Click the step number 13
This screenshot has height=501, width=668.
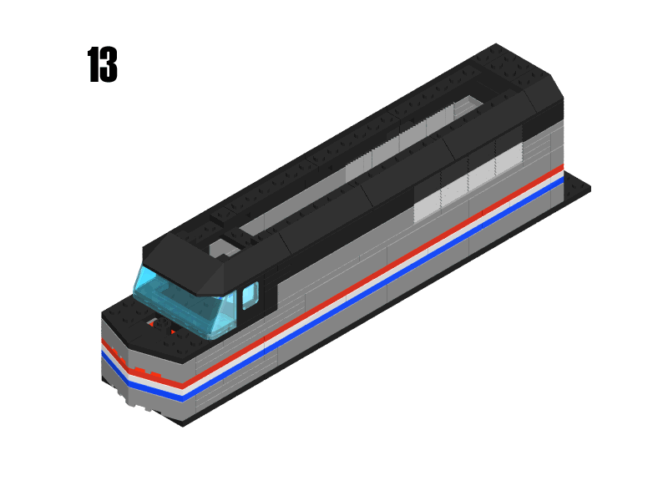coord(102,65)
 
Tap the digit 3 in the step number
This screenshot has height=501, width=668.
coord(109,65)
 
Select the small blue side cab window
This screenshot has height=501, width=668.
coord(250,296)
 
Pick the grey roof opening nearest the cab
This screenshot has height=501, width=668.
coord(222,248)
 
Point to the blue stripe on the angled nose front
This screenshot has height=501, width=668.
coord(138,377)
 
